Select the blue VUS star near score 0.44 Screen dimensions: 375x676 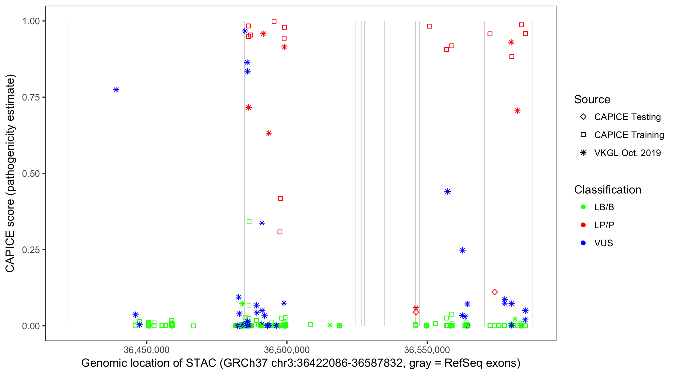(448, 191)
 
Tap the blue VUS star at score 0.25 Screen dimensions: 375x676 (463, 250)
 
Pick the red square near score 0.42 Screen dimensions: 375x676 (280, 198)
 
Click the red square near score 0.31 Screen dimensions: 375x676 (280, 232)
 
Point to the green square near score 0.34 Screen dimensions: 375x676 (249, 222)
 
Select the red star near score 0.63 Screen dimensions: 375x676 (268, 133)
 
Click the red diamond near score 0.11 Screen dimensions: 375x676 (495, 292)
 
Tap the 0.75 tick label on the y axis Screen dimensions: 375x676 (31, 97)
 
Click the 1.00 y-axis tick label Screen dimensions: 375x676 (31, 21)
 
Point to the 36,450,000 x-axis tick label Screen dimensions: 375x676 (146, 349)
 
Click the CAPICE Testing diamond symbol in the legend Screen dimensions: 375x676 (583, 116)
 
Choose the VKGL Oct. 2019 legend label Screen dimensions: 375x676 (627, 153)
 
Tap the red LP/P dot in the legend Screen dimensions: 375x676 (583, 225)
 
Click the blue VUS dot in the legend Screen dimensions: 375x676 (583, 243)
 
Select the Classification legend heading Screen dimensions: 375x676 (607, 189)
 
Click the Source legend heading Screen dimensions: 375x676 (592, 99)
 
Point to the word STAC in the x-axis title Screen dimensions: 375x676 (201, 363)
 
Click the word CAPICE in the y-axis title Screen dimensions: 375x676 (10, 251)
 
